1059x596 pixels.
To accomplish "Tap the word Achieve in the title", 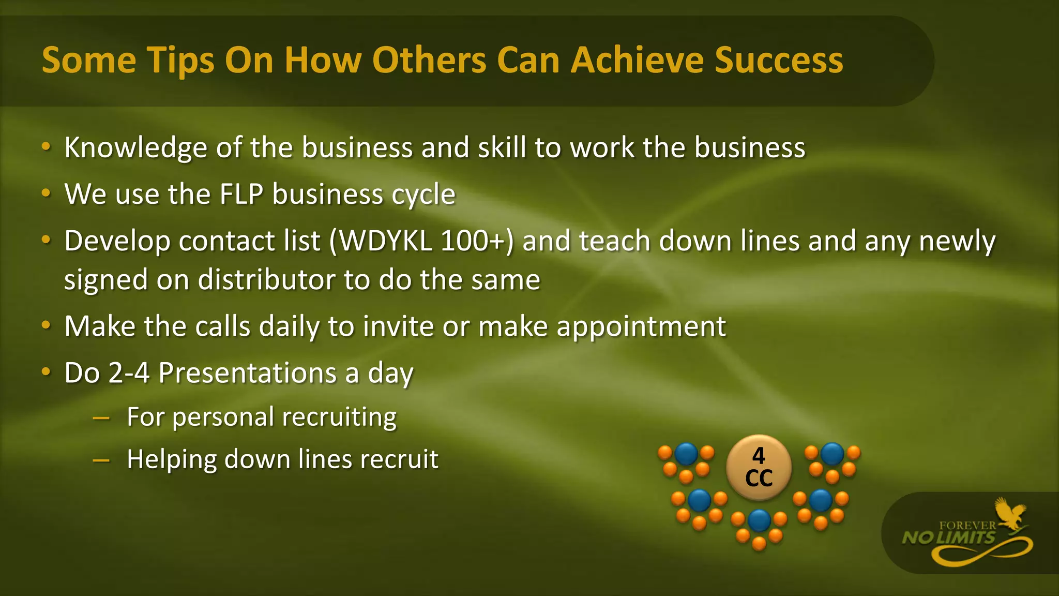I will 638,60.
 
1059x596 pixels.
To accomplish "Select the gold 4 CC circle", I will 759,467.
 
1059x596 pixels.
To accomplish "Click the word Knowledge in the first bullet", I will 135,148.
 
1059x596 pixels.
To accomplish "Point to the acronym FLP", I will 241,195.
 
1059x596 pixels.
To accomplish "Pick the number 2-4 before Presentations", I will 129,373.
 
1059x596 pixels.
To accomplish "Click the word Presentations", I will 247,373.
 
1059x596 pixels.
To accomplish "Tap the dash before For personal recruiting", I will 101,418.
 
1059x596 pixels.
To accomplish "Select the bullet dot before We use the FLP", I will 46,193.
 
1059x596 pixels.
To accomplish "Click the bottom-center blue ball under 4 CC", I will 759,520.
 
